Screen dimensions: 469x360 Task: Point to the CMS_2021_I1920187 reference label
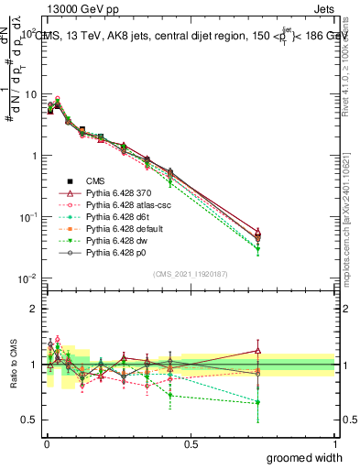(x=191, y=274)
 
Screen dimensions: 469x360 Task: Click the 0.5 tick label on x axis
(x=191, y=443)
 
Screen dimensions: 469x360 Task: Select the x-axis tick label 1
(x=335, y=443)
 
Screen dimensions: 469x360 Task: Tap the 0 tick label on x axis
(x=47, y=443)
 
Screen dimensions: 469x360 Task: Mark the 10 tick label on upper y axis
(x=30, y=94)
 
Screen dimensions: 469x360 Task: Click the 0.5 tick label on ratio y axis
(x=30, y=420)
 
